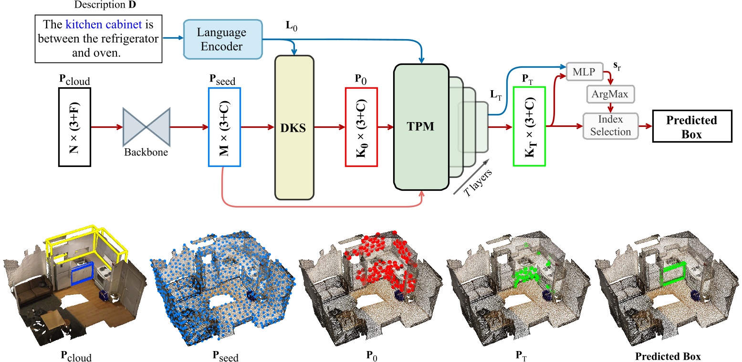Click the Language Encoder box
222,39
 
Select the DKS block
294,127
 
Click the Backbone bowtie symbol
146,127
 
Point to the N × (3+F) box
74,127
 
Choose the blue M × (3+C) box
224,127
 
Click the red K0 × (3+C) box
361,127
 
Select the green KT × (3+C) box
529,127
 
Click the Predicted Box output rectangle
691,127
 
